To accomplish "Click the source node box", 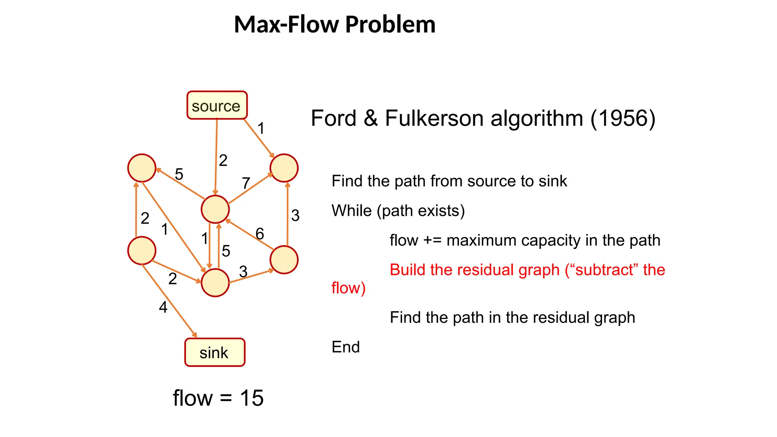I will [x=217, y=105].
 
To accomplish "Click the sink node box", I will [x=215, y=352].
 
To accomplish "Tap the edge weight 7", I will [x=246, y=183].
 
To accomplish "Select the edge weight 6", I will [x=260, y=234].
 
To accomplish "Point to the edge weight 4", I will [x=163, y=307].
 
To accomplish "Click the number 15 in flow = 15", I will [x=252, y=398].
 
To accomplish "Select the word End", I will [x=345, y=347].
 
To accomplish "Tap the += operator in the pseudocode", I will [x=432, y=241].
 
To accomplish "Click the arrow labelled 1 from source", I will [x=258, y=138].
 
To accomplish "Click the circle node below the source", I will [x=215, y=209].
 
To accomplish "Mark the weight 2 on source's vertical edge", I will [x=223, y=160].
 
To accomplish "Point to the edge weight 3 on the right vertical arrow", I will [x=295, y=215].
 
